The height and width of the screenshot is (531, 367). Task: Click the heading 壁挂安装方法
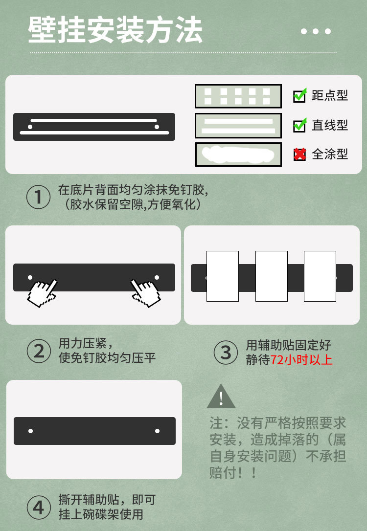coord(115,30)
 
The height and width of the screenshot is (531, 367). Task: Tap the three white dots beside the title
coord(316,32)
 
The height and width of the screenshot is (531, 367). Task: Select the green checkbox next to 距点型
coord(299,95)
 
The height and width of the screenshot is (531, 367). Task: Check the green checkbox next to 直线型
coord(299,125)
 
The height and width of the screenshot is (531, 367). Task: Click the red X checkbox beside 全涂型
coord(299,155)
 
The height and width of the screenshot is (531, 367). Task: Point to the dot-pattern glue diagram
coord(238,96)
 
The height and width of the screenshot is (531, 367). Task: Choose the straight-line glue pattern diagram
coord(238,126)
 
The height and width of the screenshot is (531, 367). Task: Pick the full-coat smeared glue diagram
coord(238,155)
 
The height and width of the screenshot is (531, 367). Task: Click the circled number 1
coord(38,198)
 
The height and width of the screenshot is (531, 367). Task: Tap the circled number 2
coord(38,351)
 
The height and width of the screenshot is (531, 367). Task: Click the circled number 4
coord(38,508)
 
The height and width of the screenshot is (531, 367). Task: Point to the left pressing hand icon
coord(42,292)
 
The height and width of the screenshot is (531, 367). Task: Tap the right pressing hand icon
coord(146,292)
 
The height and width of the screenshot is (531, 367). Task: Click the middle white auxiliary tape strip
coord(271,276)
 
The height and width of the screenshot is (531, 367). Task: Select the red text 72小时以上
coord(301,360)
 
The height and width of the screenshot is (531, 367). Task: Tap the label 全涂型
coord(330,155)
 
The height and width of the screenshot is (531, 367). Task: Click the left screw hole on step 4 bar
coord(31,431)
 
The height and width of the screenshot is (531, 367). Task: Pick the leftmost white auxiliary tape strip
coord(223,276)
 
